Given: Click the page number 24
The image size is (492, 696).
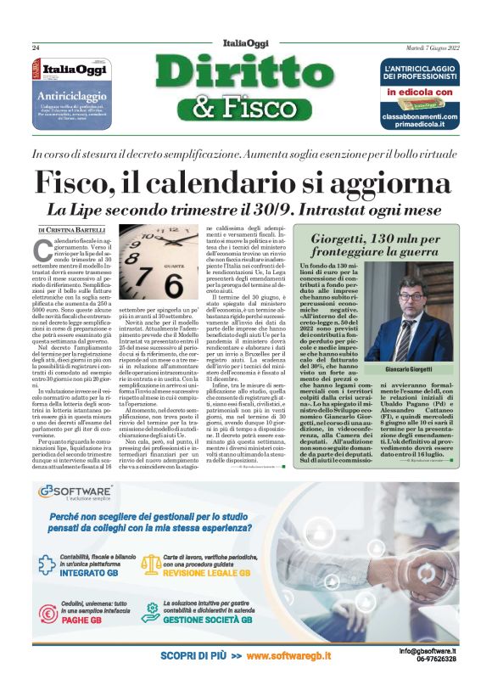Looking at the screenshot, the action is [x=36, y=47].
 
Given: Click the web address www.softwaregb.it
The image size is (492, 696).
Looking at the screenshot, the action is [x=288, y=656].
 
